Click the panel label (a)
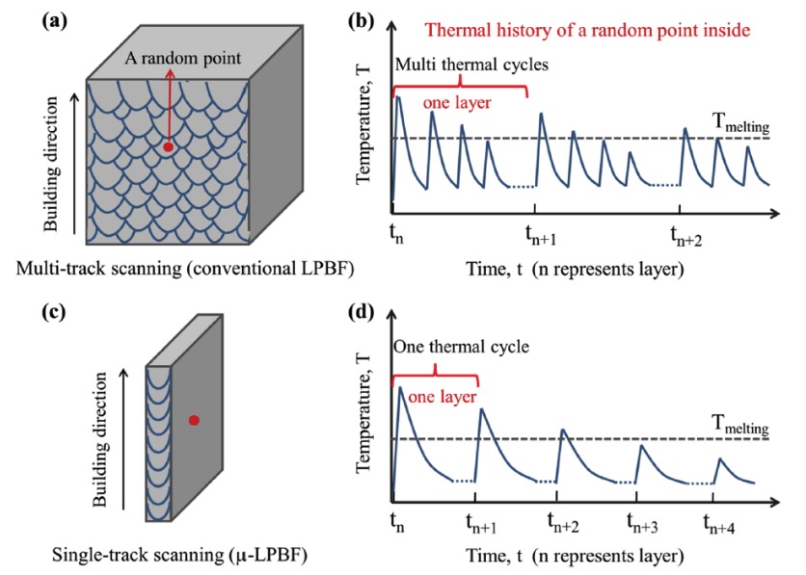55,21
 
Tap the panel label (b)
361,21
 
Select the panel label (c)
54,312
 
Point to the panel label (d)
361,312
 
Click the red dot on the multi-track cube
168,147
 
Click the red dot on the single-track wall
194,421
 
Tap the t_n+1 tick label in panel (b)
541,236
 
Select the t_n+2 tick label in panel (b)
686,236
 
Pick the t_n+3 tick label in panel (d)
642,523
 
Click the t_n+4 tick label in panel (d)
719,523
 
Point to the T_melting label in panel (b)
740,123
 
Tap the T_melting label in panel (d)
740,425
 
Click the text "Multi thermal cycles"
471,65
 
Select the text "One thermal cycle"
461,347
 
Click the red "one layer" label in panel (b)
457,103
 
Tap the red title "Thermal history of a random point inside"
587,30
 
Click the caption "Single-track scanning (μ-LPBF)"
180,555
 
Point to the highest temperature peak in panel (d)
400,386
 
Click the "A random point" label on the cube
183,58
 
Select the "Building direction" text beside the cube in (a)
50,165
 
